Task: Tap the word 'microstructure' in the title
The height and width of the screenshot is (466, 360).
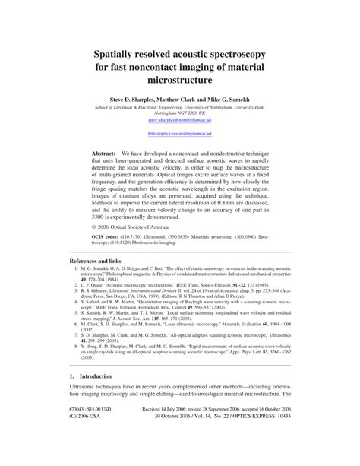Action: (180, 80)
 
